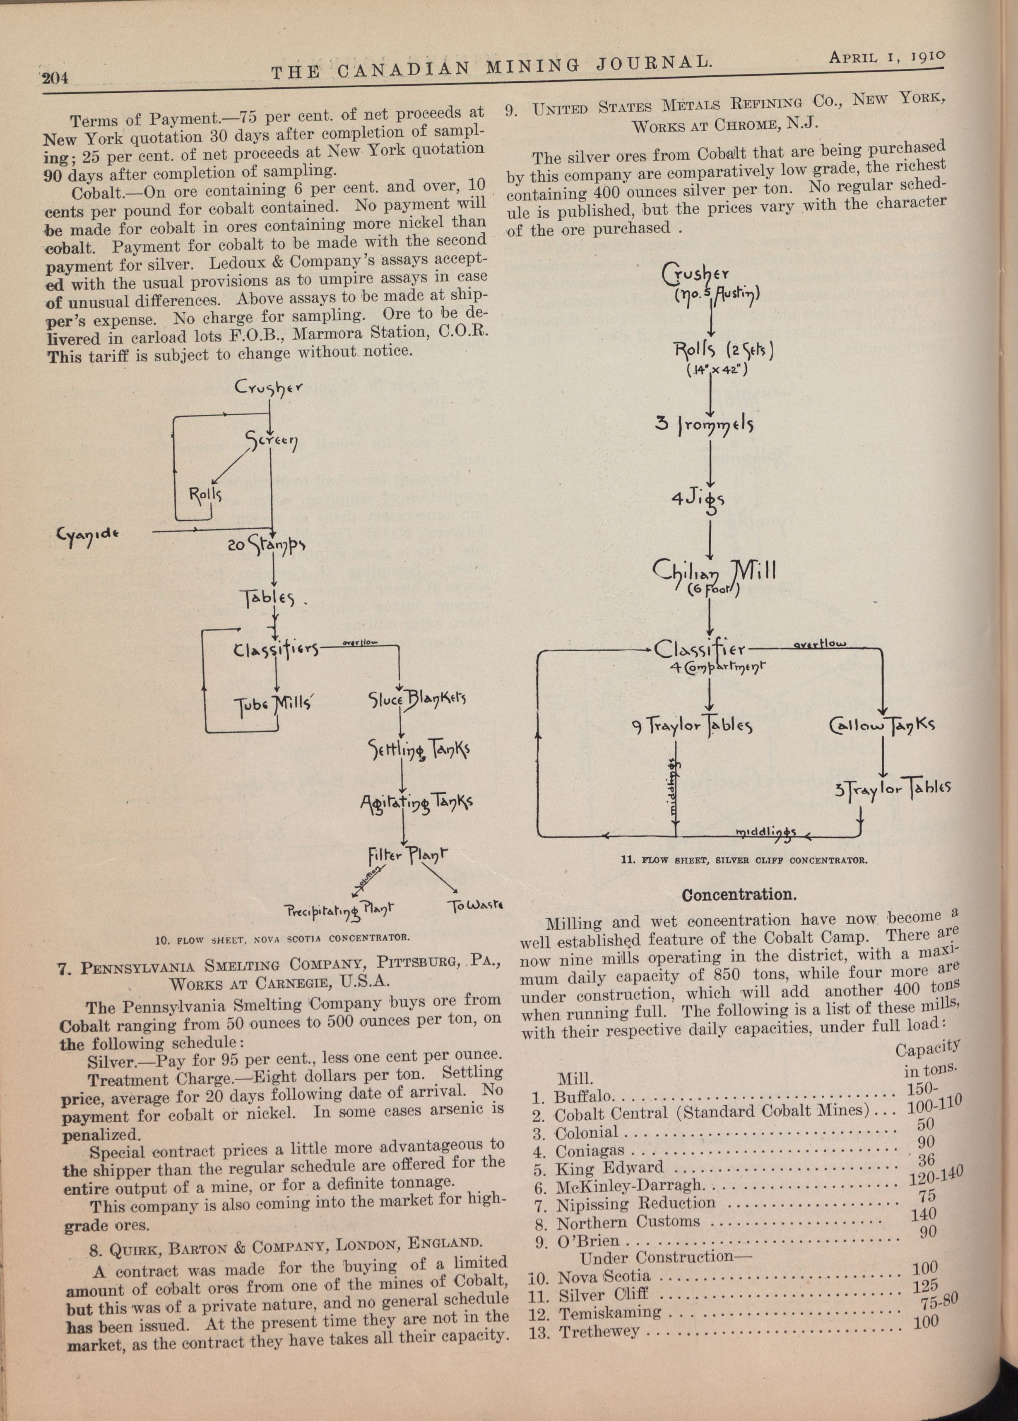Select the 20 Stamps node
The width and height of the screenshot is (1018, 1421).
(x=266, y=546)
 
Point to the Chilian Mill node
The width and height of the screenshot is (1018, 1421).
(x=714, y=571)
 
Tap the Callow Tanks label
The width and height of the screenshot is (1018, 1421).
(x=881, y=726)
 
